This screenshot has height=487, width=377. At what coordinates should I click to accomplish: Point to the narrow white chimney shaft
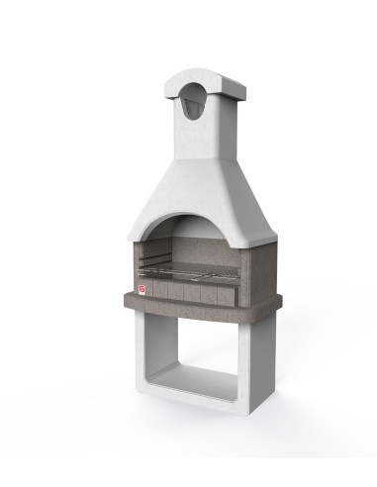tap(195, 134)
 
